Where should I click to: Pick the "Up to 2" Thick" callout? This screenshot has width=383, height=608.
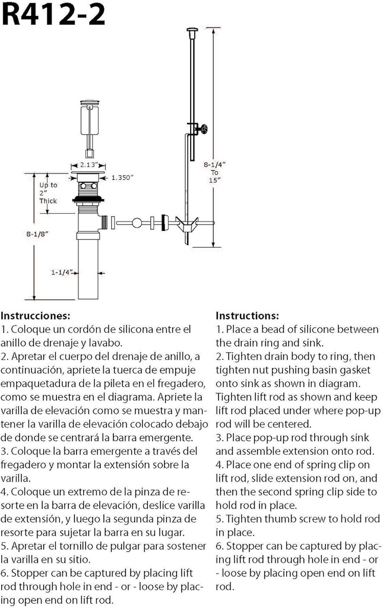pos(48,193)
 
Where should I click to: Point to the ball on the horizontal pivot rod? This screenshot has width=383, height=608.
pos(137,223)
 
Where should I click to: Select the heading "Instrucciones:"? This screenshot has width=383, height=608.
pos(36,315)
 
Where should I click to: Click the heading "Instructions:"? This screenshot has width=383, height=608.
pos(246,315)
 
